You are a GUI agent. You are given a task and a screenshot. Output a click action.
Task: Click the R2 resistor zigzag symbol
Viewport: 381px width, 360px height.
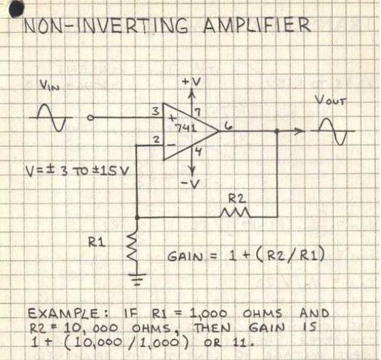tap(235, 213)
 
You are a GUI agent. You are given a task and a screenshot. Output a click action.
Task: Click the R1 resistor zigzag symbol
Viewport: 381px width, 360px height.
tap(133, 247)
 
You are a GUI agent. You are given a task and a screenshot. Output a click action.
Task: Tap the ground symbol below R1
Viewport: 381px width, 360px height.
tap(138, 279)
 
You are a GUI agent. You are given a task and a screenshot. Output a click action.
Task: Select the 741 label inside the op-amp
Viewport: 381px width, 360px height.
tap(186, 128)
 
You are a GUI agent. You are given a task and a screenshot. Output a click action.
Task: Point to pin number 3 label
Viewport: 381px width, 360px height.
tap(156, 111)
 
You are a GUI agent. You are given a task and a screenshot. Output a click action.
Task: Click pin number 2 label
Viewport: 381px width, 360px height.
tap(156, 139)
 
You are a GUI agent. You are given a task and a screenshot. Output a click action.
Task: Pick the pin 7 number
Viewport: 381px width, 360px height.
tap(198, 112)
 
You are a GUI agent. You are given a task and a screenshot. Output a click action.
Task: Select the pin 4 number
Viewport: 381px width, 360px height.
tap(198, 151)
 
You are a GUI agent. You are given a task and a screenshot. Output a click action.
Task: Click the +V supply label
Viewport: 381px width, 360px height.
tap(191, 82)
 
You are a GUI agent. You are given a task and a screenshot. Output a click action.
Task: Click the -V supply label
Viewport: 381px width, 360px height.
tap(190, 184)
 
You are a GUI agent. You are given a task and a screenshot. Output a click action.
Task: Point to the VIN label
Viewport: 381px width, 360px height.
tap(49, 86)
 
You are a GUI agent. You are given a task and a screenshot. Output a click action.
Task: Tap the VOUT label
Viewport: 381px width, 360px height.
tap(330, 100)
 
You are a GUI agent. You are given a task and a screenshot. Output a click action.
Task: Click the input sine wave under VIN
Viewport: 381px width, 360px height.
tap(51, 117)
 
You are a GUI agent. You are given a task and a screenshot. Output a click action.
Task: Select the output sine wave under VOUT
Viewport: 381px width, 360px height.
tap(332, 131)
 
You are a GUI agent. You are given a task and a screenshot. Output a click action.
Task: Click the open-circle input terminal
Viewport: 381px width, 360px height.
tap(90, 118)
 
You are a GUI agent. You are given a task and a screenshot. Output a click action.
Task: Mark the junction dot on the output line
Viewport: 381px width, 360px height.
tap(277, 131)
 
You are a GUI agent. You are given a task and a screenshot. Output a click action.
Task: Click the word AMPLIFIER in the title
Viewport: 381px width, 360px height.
tap(257, 25)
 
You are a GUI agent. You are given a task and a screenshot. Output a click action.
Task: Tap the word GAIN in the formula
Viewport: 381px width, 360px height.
tap(185, 256)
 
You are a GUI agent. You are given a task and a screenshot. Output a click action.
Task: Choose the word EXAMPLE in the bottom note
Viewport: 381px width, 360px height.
tap(63, 314)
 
